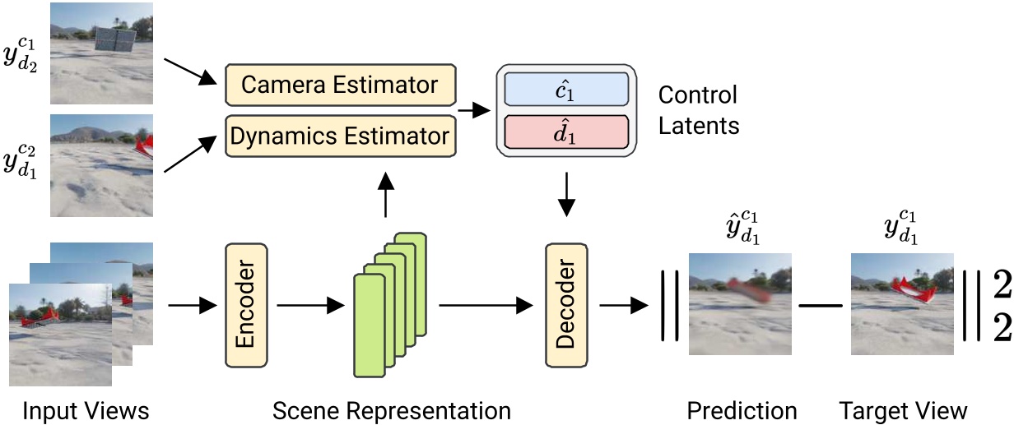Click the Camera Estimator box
tap(340, 84)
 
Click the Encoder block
tap(244, 305)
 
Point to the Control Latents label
tap(698, 110)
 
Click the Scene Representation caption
tap(391, 409)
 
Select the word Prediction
tap(742, 409)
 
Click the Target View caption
tap(903, 409)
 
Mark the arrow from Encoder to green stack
tap(310, 306)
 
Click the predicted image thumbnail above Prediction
tap(741, 304)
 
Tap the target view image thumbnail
tap(902, 304)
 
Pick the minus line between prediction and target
tap(821, 306)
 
